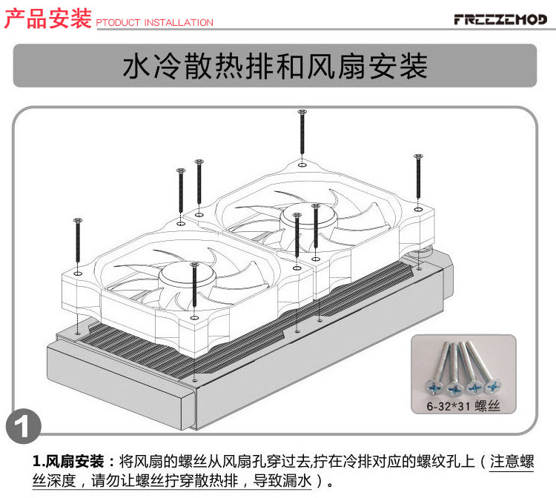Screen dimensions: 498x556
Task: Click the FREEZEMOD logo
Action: (x=499, y=19)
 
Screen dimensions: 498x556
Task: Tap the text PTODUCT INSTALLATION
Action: (x=155, y=23)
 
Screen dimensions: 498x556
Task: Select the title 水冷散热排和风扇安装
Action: (x=275, y=67)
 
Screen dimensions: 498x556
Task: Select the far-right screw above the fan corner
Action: (x=418, y=178)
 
